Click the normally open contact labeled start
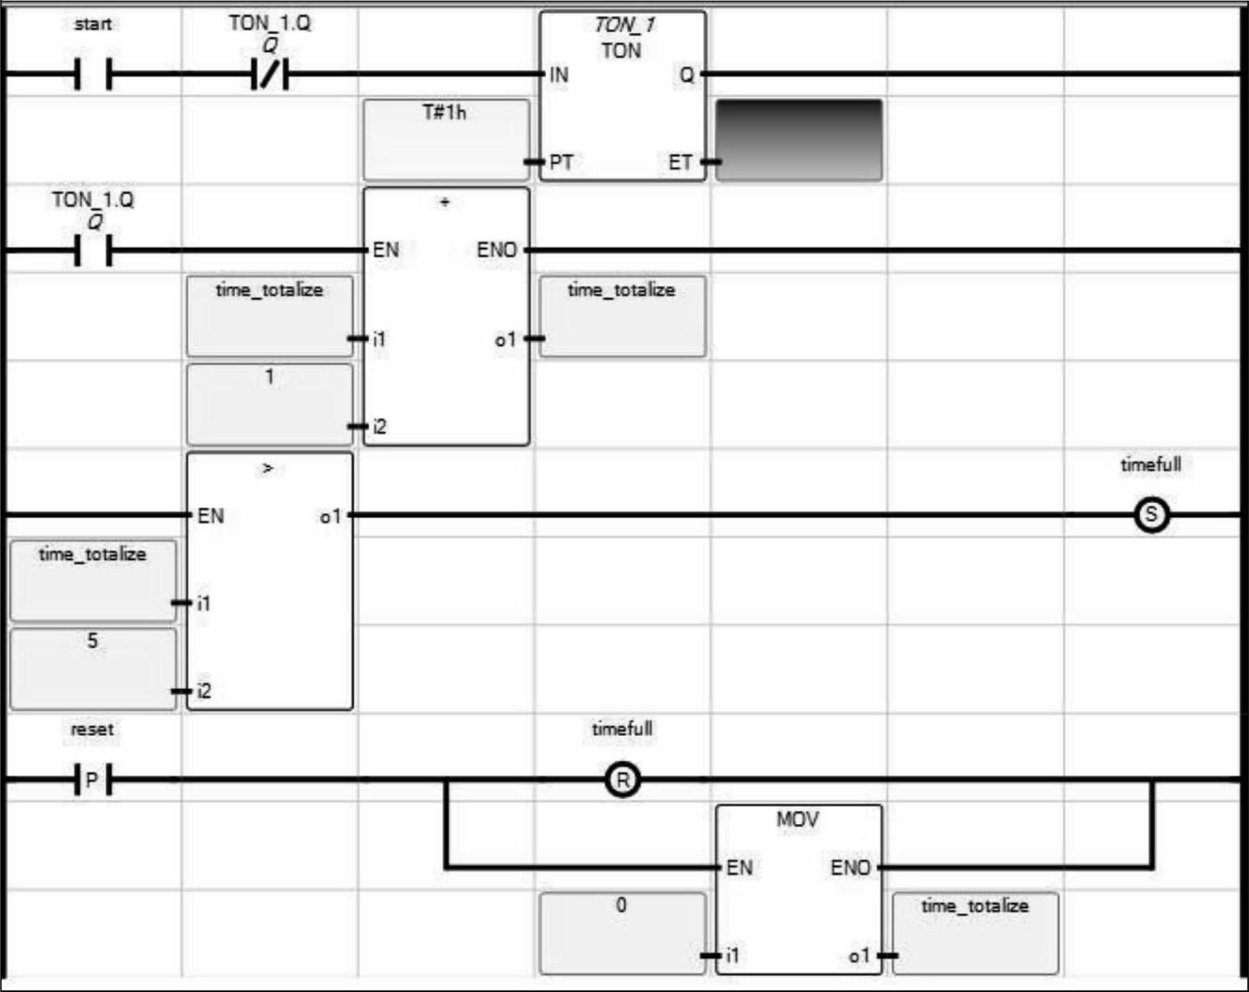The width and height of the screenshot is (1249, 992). coord(93,74)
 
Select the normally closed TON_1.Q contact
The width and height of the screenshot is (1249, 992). coord(270,74)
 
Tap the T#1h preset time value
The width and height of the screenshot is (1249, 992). coord(444,111)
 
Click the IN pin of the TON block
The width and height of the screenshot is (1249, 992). coord(558,75)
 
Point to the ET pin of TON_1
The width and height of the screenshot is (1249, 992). coord(680,162)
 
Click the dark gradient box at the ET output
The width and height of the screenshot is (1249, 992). coord(799,140)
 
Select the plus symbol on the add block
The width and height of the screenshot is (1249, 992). coord(444,202)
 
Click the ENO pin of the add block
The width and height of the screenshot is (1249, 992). coord(496,250)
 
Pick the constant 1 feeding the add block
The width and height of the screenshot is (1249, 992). coord(269,377)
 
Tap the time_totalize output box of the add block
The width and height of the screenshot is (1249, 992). coord(622,317)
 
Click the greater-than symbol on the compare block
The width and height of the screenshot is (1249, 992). coord(267,468)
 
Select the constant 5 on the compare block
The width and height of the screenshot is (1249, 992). coord(92,641)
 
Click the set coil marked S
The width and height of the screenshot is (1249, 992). coord(1151,515)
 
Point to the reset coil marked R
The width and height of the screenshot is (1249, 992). coord(623,780)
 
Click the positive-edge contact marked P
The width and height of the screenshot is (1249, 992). coord(92,780)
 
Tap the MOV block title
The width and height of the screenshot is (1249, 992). coord(798,820)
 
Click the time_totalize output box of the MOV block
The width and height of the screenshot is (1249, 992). coord(976,933)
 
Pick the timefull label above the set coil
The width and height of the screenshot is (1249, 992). coord(1151,464)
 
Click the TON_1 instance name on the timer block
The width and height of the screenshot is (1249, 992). coord(624,25)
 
